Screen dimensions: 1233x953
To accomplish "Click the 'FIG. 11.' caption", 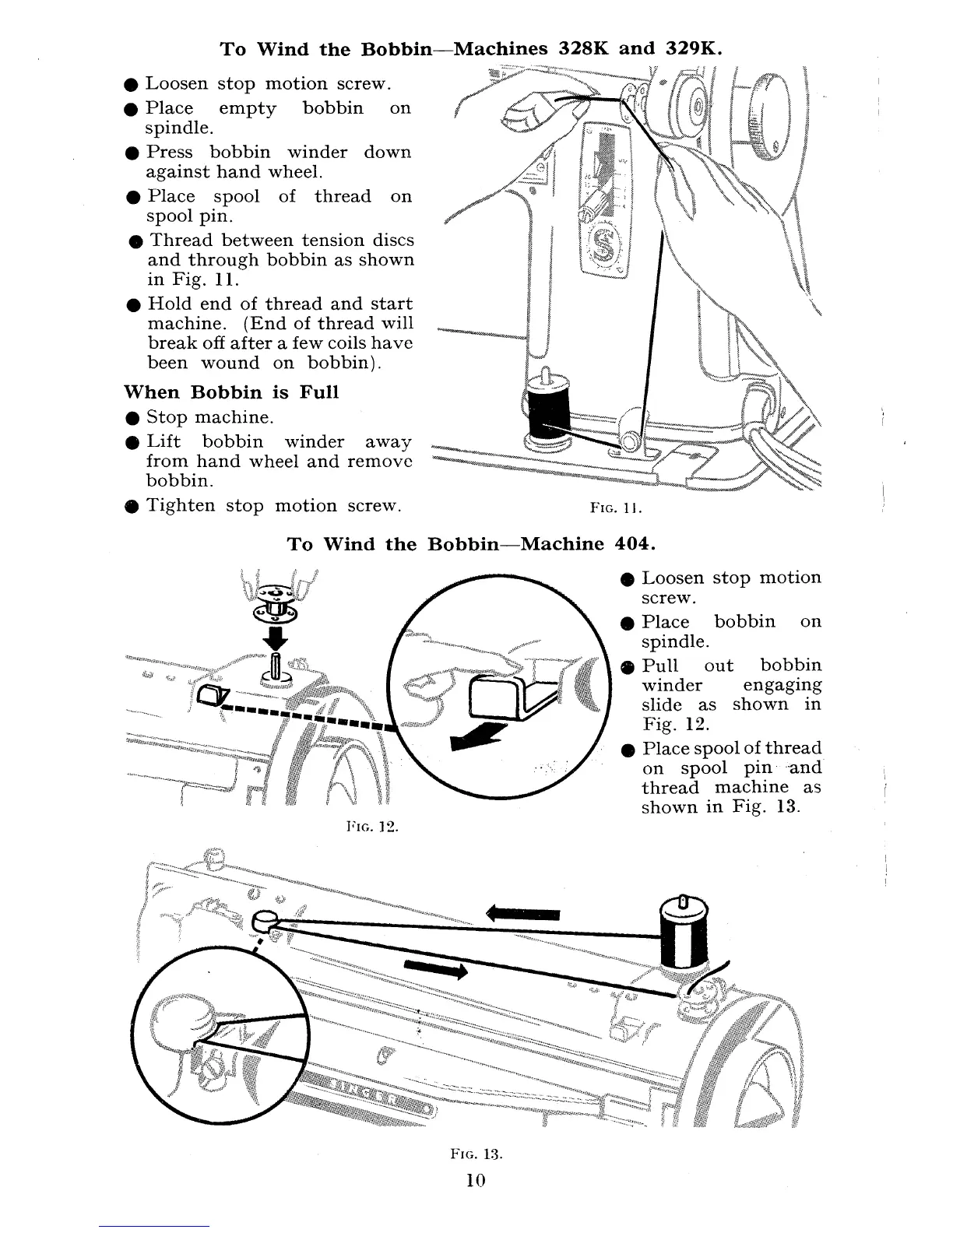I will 615,509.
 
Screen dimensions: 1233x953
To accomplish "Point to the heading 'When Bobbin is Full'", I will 231,392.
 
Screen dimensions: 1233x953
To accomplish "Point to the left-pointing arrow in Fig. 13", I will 523,914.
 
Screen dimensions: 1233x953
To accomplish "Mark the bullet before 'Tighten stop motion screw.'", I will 135,507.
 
